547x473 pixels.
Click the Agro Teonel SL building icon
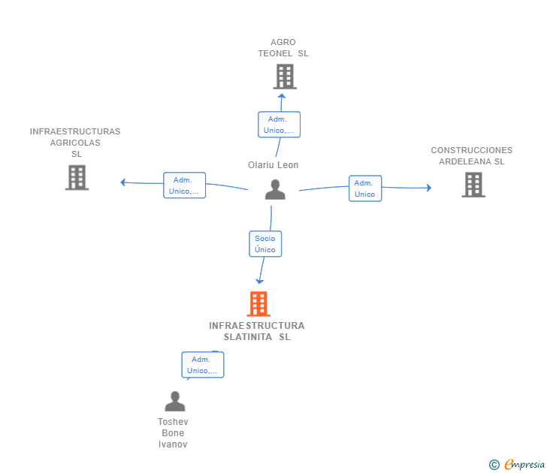[285, 77]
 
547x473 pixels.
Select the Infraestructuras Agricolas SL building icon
[77, 178]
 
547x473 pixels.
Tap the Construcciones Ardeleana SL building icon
[473, 185]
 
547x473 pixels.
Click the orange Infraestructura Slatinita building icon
[258, 304]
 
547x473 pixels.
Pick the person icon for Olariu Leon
[275, 190]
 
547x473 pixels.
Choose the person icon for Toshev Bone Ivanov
[174, 402]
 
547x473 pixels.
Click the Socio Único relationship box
[264, 244]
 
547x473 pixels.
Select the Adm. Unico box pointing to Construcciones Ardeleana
[364, 188]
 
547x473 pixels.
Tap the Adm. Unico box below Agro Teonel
[279, 125]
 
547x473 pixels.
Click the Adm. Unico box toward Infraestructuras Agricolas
[184, 185]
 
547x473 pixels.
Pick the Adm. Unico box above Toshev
[202, 365]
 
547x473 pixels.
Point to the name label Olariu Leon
[273, 165]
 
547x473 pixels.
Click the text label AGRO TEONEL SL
[283, 48]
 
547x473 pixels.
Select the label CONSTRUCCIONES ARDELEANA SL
[472, 156]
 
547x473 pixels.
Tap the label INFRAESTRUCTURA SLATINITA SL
[257, 331]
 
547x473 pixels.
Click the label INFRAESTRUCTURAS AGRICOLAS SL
[75, 143]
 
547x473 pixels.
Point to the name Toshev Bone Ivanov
[173, 433]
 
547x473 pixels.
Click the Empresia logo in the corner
[524, 465]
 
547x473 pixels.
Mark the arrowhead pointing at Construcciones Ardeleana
[429, 188]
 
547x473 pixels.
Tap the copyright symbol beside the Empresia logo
[494, 465]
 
